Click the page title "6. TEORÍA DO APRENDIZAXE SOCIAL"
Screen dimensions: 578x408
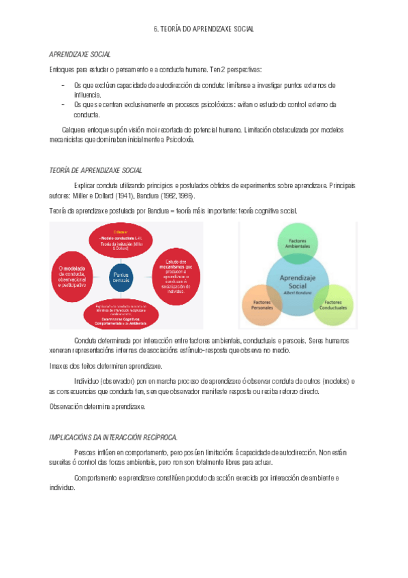point(204,30)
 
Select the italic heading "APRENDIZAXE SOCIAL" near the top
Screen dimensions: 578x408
point(80,54)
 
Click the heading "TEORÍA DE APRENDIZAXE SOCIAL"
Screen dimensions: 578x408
point(96,170)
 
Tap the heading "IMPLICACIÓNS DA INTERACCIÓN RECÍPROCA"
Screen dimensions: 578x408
point(113,436)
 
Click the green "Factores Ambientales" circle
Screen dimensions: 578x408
point(297,243)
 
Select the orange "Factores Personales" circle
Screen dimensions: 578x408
point(262,302)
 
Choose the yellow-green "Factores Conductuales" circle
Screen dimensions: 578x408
point(333,302)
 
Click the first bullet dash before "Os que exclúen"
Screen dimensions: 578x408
point(63,85)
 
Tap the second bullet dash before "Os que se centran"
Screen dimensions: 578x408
point(63,104)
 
